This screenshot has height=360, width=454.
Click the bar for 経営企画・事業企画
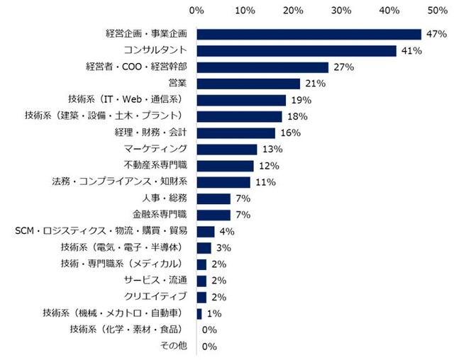(x=309, y=34)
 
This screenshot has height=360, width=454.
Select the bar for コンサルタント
(x=297, y=50)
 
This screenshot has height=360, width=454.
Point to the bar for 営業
(x=248, y=84)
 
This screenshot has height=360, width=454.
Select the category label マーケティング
(x=155, y=149)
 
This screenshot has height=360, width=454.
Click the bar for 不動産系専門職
(x=225, y=166)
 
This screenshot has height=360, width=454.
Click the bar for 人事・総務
(x=214, y=198)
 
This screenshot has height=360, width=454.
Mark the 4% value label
(x=226, y=232)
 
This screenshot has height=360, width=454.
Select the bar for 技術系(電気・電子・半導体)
(x=204, y=247)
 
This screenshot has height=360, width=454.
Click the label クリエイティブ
(x=154, y=296)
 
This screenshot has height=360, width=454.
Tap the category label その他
(x=174, y=346)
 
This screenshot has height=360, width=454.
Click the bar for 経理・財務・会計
(x=236, y=133)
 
